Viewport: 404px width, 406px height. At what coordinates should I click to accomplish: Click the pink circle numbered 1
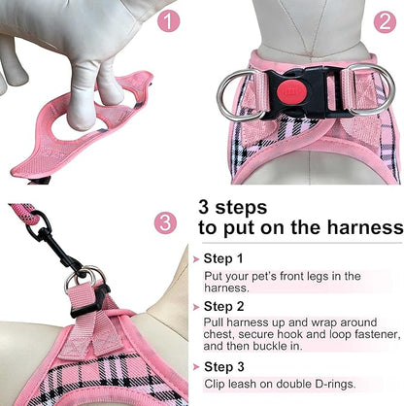[x=169, y=20]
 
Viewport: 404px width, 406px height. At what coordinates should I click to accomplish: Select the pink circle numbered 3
[x=166, y=222]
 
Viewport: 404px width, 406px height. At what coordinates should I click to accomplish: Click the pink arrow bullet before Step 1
[x=197, y=259]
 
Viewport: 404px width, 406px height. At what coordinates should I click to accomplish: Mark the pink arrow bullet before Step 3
[x=197, y=367]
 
